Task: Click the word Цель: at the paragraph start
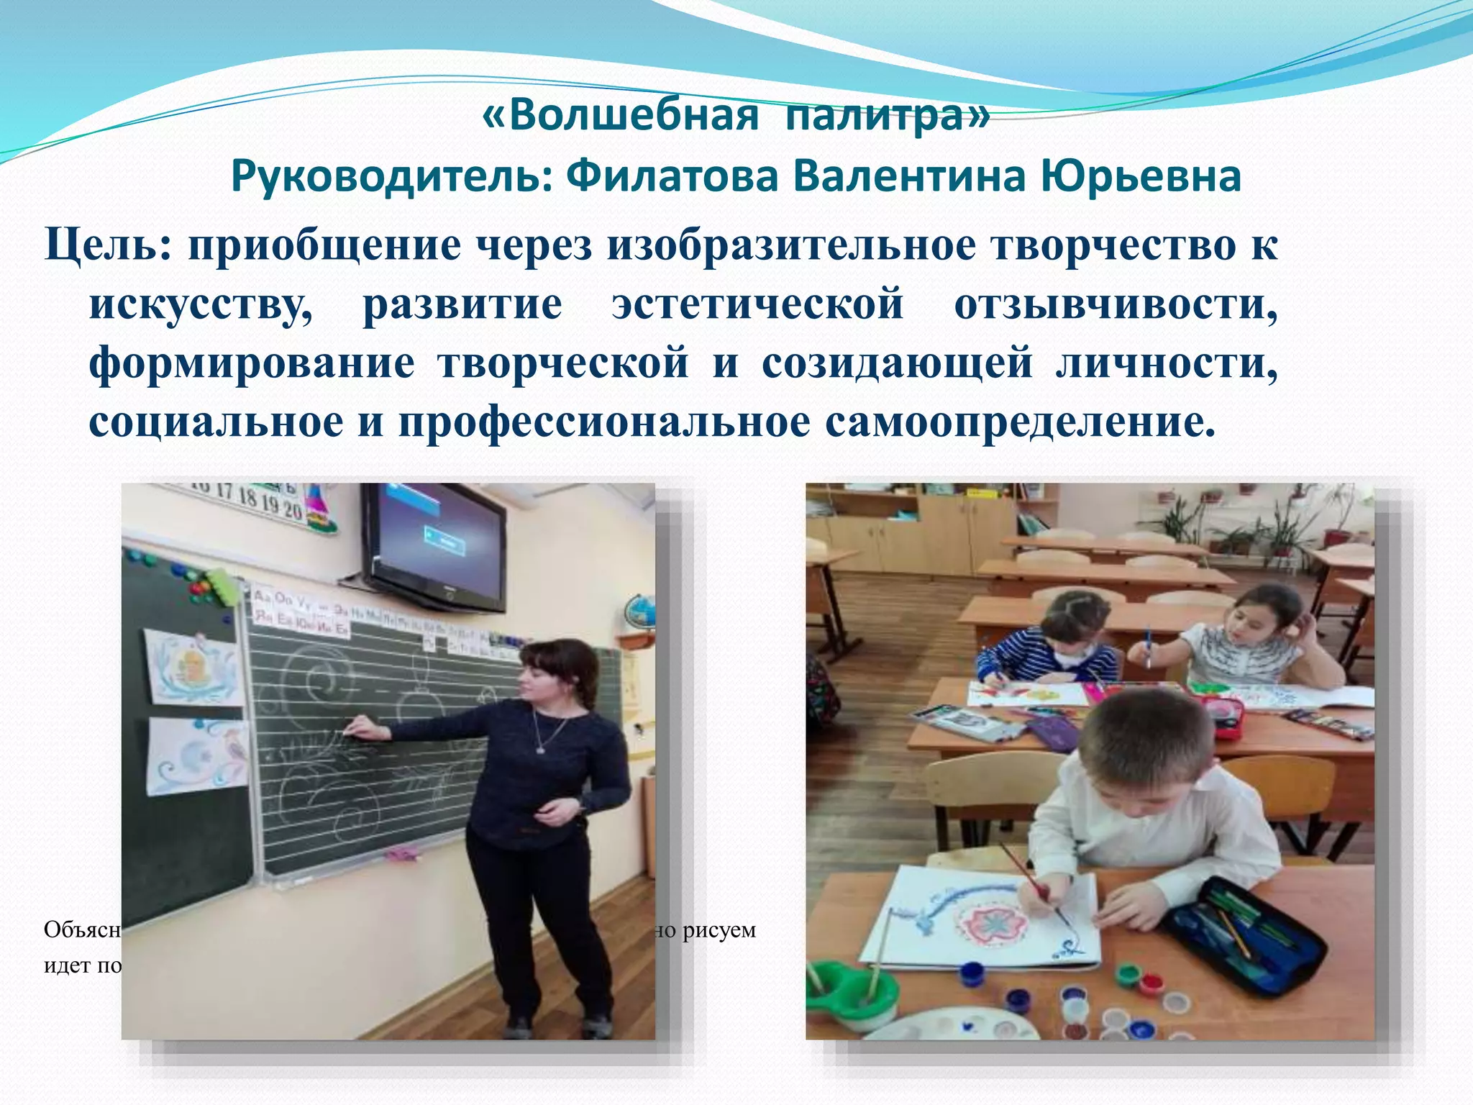coord(108,245)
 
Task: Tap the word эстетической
coord(757,304)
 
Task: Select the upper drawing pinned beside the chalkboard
coord(192,667)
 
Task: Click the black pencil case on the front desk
coord(1244,935)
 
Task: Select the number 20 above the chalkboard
coord(292,509)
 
